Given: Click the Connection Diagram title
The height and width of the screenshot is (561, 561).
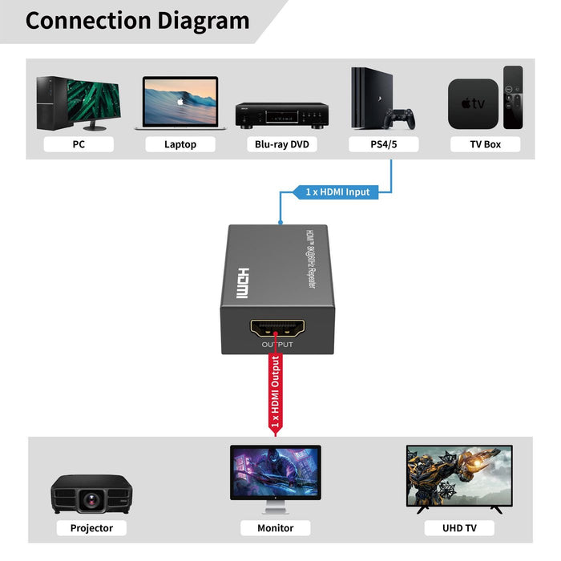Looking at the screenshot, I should (x=137, y=20).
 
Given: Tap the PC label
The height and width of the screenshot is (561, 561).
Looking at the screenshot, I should (x=79, y=145).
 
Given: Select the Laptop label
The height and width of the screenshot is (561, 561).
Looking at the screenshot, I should (x=180, y=145).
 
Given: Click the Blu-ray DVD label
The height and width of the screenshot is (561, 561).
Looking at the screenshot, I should (x=281, y=145).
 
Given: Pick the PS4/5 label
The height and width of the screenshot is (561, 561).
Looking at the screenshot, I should (x=383, y=145).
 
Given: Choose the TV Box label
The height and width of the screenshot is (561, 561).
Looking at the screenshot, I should (x=486, y=145).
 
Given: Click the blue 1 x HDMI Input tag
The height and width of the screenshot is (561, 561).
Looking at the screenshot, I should (x=337, y=192).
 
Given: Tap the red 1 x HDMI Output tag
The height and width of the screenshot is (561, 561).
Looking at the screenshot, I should (x=276, y=393).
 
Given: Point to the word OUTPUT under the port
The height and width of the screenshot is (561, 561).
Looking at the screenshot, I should (x=277, y=345).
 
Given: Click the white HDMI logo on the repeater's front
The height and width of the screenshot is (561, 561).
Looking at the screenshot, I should (x=242, y=283).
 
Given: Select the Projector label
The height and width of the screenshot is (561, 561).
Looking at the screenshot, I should (x=91, y=528).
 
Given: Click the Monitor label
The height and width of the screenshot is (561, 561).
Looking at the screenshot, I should (x=276, y=528).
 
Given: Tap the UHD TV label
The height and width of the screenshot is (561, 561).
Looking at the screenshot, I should (x=460, y=528).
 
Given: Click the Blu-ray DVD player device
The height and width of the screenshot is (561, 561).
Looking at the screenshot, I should (x=281, y=115).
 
